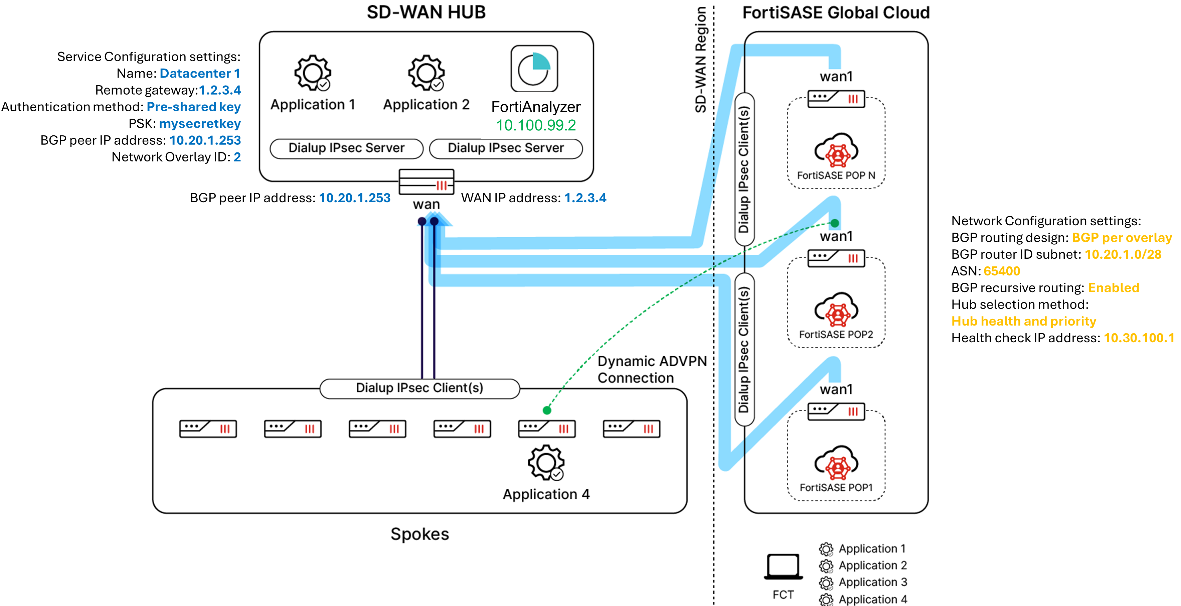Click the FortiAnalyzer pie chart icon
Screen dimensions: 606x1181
(x=534, y=69)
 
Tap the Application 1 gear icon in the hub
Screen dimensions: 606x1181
(x=312, y=73)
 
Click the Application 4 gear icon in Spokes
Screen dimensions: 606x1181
(x=545, y=462)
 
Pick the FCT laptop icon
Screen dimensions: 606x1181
(x=783, y=567)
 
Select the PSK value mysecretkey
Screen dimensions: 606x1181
(x=199, y=124)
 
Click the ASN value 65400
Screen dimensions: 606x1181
(x=1002, y=271)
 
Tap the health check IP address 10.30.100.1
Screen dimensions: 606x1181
(x=1138, y=338)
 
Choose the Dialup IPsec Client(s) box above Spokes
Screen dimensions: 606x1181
(x=419, y=388)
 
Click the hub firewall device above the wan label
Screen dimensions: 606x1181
(x=427, y=182)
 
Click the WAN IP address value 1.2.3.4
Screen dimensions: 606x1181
(x=585, y=198)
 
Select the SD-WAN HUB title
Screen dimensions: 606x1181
(x=426, y=12)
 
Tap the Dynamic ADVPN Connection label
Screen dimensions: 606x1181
(x=652, y=369)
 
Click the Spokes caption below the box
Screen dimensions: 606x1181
(x=419, y=534)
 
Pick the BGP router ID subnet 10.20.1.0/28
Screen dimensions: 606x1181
(x=1123, y=255)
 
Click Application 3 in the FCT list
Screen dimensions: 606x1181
(x=872, y=582)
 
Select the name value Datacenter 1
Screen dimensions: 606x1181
(x=199, y=74)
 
